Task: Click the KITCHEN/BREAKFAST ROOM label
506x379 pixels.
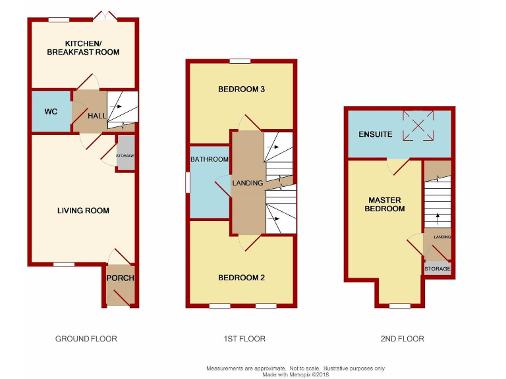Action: (x=83, y=48)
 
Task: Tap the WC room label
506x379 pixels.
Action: (x=51, y=112)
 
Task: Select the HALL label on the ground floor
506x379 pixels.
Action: (x=97, y=116)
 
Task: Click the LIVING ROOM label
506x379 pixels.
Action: (x=83, y=211)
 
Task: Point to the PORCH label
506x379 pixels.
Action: (x=121, y=278)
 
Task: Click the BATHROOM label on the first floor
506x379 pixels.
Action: (x=210, y=160)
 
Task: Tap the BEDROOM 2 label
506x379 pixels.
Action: (x=241, y=278)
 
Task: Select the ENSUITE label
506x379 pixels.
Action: (x=376, y=134)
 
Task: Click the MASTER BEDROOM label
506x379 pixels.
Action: (x=386, y=204)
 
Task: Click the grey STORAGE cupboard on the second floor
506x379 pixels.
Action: (x=437, y=268)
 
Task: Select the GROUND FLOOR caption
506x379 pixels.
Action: (x=86, y=339)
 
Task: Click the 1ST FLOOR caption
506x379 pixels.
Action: (x=243, y=339)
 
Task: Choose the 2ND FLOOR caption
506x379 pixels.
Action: (x=401, y=339)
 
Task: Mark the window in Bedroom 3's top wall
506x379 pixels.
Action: (x=240, y=61)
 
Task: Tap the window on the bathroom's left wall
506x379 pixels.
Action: (x=187, y=182)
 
